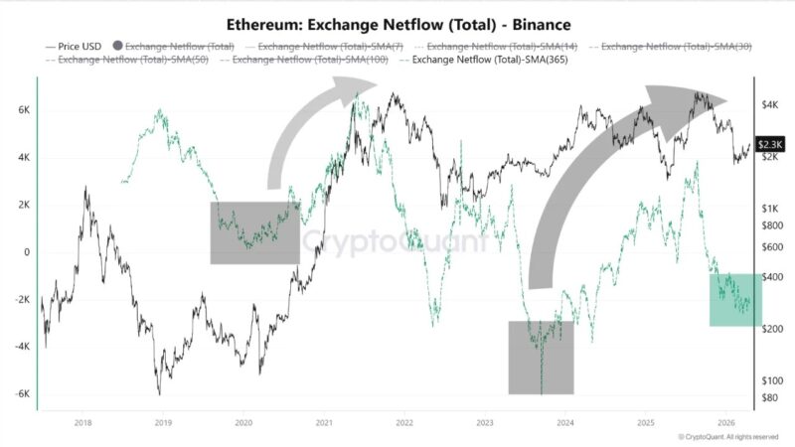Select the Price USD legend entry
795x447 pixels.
click(x=75, y=46)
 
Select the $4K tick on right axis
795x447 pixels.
click(x=773, y=104)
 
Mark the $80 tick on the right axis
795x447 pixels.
click(x=773, y=398)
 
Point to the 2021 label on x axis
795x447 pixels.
click(x=324, y=421)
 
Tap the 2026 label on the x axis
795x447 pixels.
click(x=725, y=421)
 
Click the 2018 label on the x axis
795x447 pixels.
click(x=82, y=421)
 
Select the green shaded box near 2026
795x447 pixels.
click(x=734, y=299)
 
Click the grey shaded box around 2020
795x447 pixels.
click(x=254, y=232)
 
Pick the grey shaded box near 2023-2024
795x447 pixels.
click(x=541, y=357)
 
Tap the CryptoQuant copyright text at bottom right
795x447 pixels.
click(x=728, y=436)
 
